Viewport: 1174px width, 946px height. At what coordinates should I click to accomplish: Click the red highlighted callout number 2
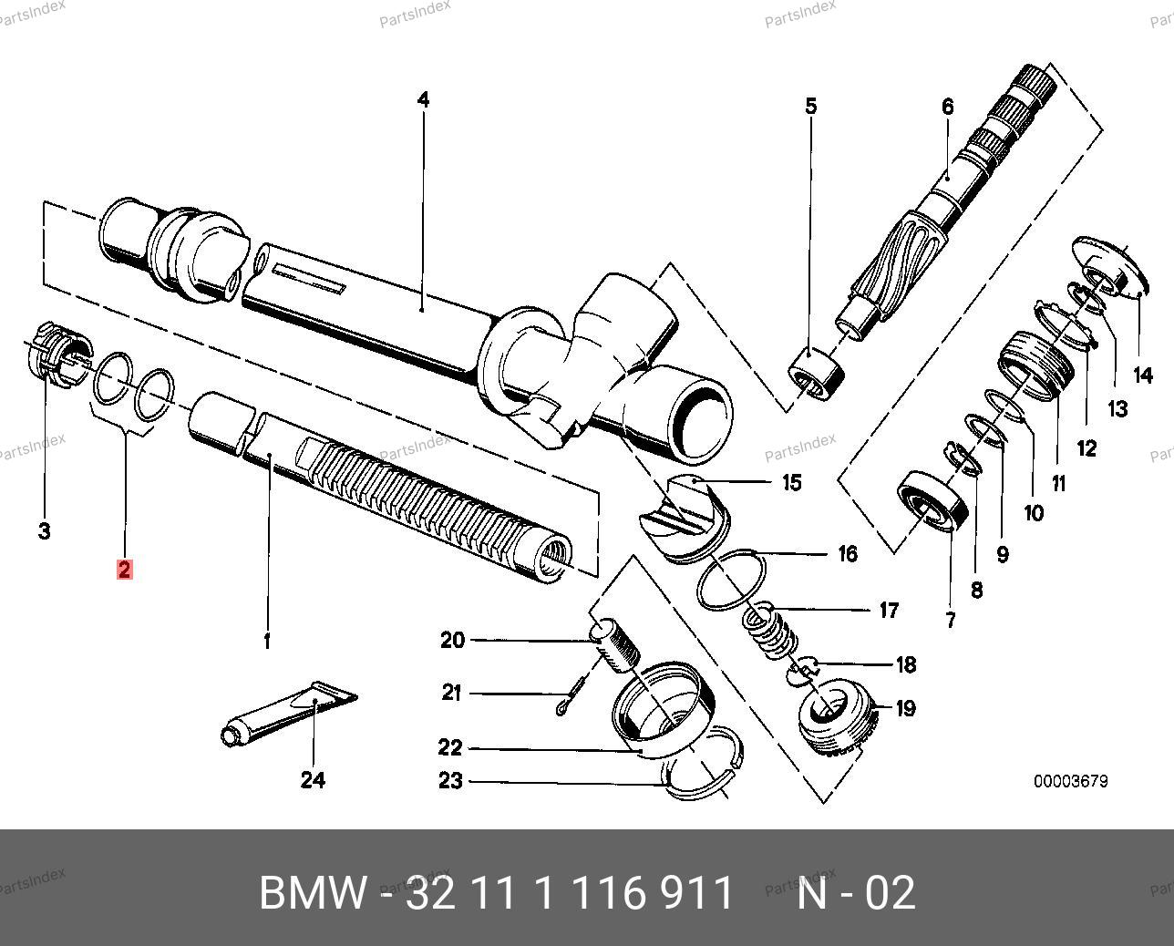[x=124, y=571]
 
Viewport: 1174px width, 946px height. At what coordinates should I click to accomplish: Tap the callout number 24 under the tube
[x=313, y=780]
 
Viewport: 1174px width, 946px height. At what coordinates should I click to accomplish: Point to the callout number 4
[x=422, y=99]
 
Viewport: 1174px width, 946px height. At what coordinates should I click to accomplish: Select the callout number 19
[x=905, y=708]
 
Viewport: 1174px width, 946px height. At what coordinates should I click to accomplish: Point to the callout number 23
[x=450, y=781]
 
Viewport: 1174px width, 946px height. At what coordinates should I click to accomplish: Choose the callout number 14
[x=1142, y=375]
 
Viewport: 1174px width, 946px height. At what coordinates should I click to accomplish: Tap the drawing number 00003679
[x=1070, y=781]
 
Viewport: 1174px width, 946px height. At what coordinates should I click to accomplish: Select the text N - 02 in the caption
[x=856, y=893]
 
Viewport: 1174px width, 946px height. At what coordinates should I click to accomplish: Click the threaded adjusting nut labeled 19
[x=837, y=714]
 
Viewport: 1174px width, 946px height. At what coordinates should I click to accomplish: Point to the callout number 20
[x=452, y=641]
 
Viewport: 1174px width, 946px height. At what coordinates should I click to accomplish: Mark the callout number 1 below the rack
[x=267, y=642]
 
